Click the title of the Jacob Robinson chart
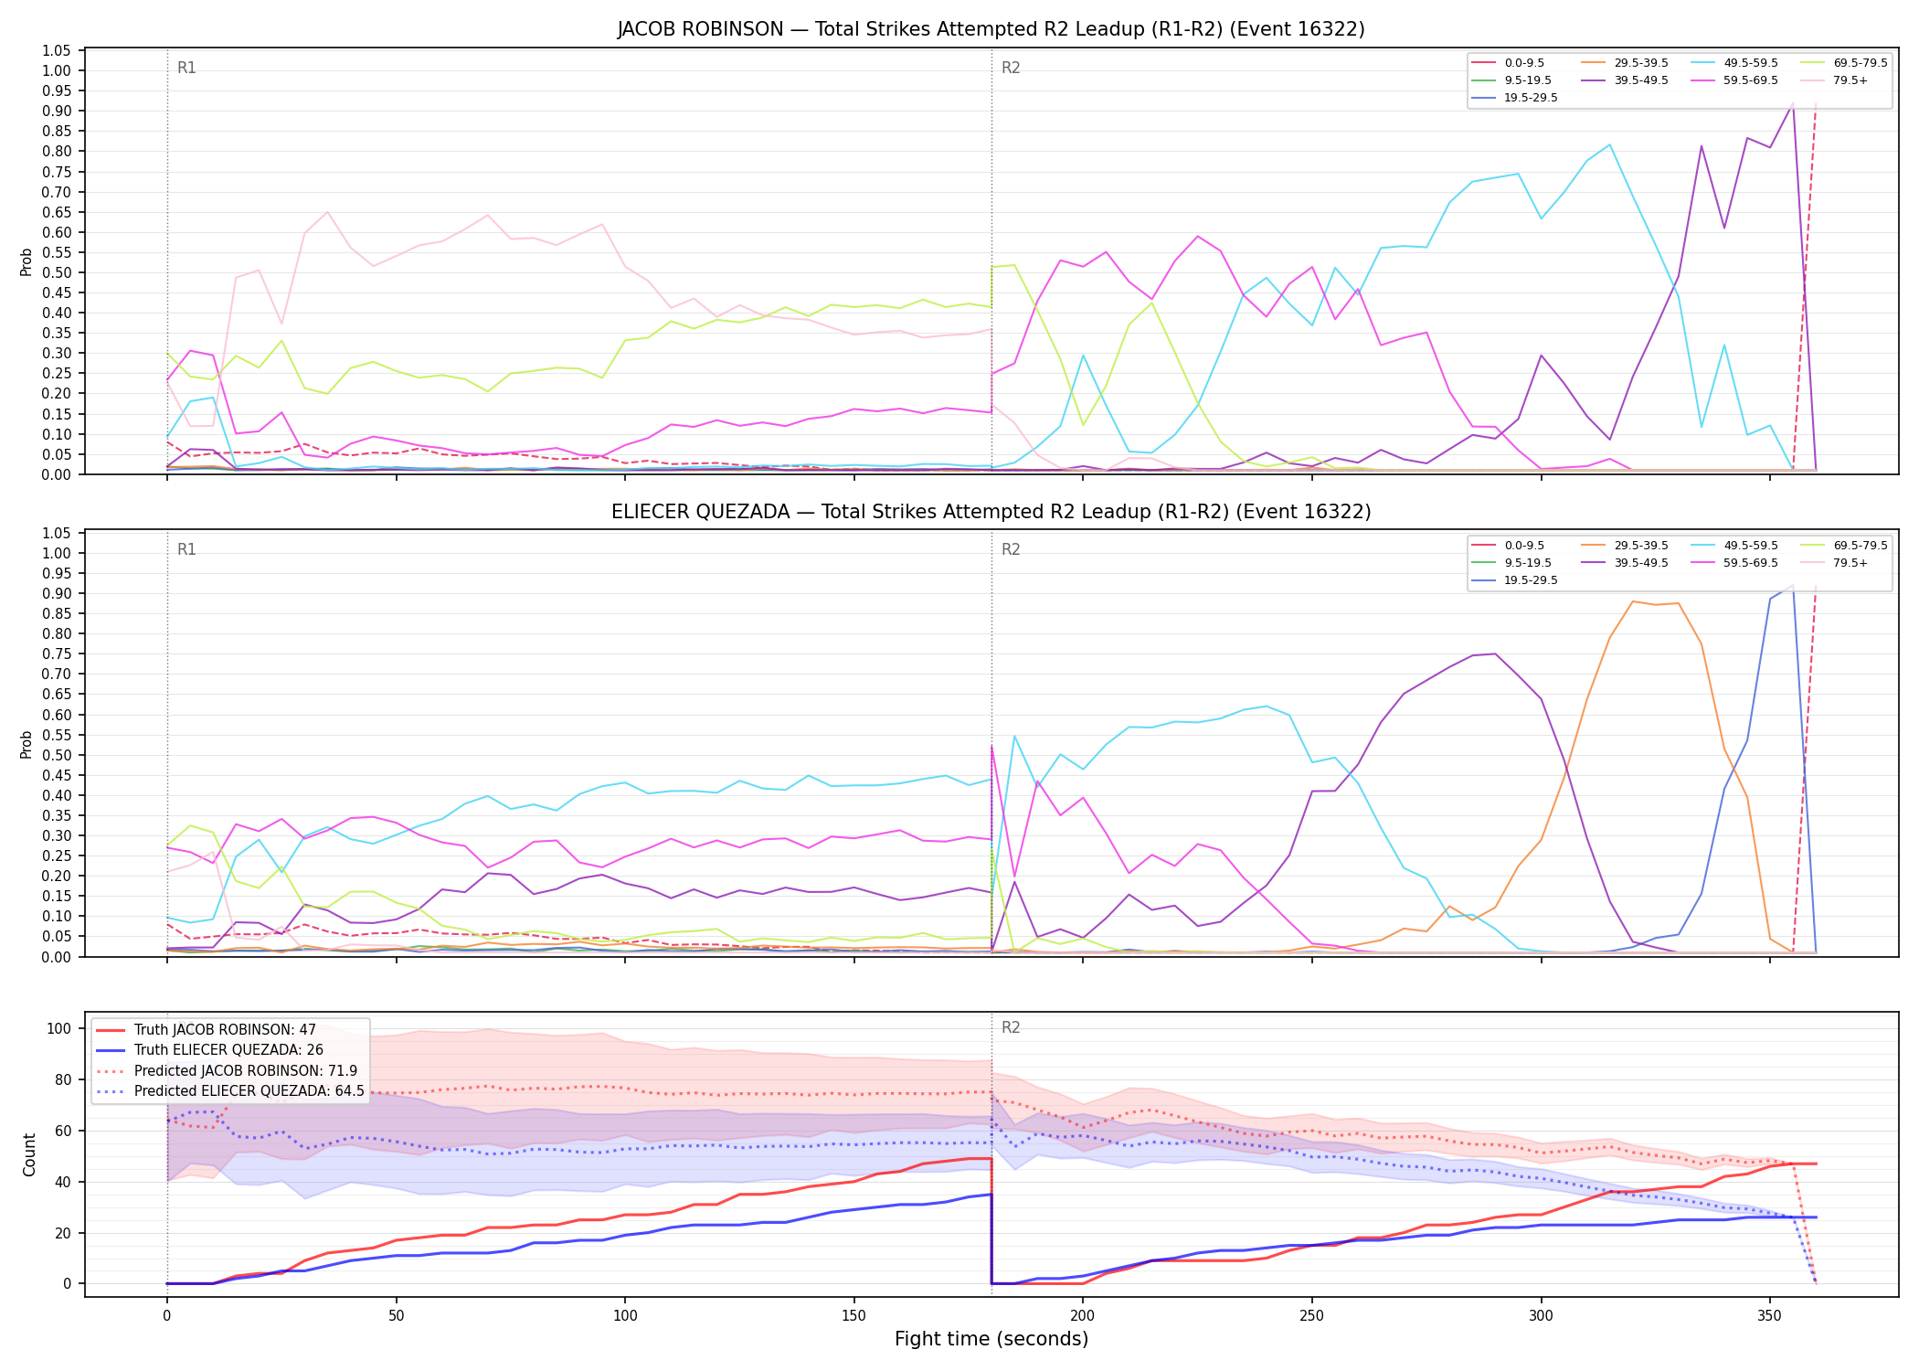click(x=991, y=29)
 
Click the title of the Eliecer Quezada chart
click(x=991, y=512)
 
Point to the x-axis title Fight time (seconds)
click(x=991, y=1339)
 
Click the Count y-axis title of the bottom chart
click(x=29, y=1154)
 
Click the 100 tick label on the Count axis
click(x=59, y=1028)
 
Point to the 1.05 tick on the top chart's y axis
click(x=57, y=50)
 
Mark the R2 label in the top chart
click(x=1011, y=68)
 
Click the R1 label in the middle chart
click(x=186, y=549)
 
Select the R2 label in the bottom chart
click(x=1011, y=1027)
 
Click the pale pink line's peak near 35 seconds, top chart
click(x=327, y=212)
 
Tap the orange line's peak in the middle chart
click(x=1632, y=601)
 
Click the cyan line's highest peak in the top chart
click(x=1609, y=144)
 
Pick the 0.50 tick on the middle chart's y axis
click(x=57, y=755)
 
